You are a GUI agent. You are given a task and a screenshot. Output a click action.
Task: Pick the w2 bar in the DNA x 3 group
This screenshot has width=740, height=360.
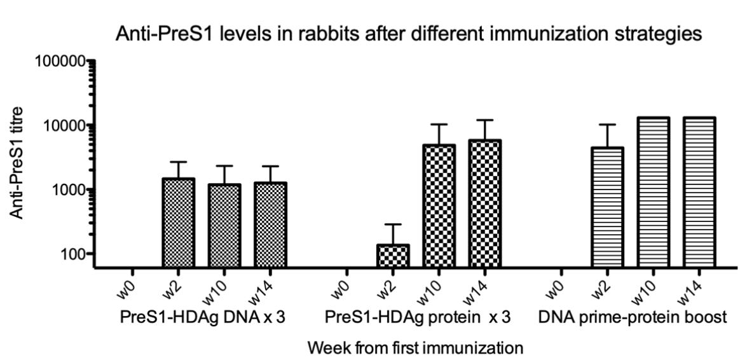(x=179, y=223)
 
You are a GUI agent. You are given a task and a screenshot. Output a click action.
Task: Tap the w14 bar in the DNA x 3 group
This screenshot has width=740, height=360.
(x=270, y=225)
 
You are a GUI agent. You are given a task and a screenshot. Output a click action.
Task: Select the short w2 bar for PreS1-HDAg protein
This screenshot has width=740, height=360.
(x=394, y=256)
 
